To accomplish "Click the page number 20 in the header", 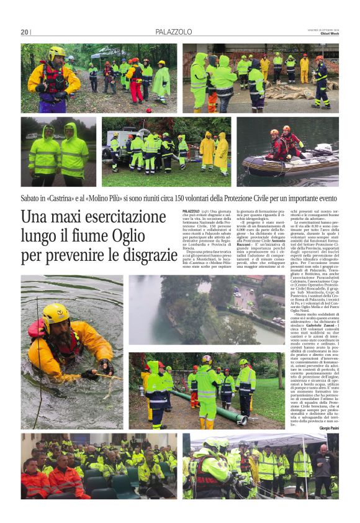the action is coord(24,32).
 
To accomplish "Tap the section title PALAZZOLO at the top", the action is coord(174,32).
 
